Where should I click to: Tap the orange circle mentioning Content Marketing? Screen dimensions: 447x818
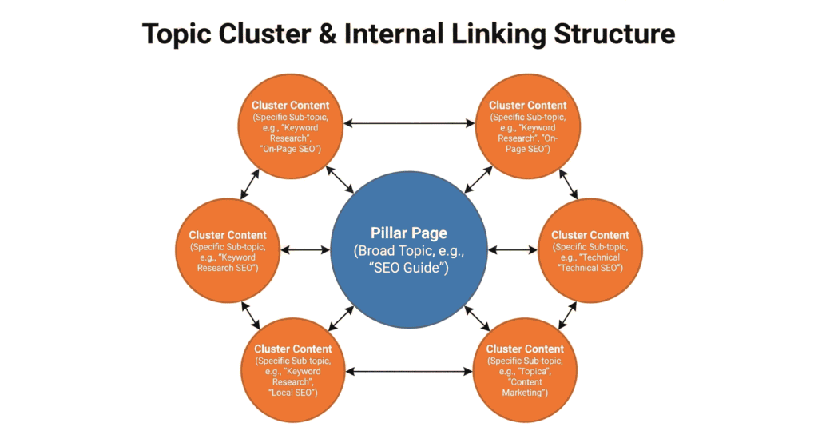525,370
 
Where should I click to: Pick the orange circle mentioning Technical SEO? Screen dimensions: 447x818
590,250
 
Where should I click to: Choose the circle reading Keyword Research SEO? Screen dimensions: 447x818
228,250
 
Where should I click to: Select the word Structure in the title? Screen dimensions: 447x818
617,34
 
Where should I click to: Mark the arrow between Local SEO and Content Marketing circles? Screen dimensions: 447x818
408,371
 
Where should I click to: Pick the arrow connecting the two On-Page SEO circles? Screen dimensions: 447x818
408,123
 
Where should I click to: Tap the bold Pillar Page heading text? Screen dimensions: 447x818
408,233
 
